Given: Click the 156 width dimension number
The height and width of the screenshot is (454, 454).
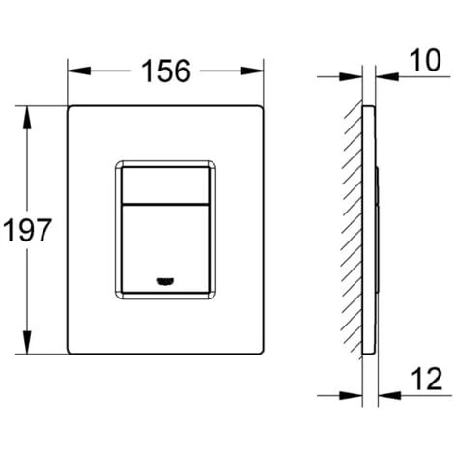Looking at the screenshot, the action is [166, 71].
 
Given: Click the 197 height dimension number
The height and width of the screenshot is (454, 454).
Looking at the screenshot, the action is [27, 230].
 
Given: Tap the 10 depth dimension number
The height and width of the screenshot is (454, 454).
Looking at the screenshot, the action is [425, 60].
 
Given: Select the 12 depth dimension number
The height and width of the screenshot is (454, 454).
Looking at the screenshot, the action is [427, 379].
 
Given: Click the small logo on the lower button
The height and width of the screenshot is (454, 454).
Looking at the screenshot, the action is [166, 281].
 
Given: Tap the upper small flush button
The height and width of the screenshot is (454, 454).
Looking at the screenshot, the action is [165, 185].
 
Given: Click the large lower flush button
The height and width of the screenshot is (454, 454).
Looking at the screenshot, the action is [165, 248].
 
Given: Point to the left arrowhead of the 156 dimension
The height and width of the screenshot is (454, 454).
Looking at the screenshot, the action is [79, 71].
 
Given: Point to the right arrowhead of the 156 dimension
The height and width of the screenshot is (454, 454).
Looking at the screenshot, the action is [252, 71].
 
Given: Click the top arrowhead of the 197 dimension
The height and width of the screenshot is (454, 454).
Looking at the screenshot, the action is [27, 118].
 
